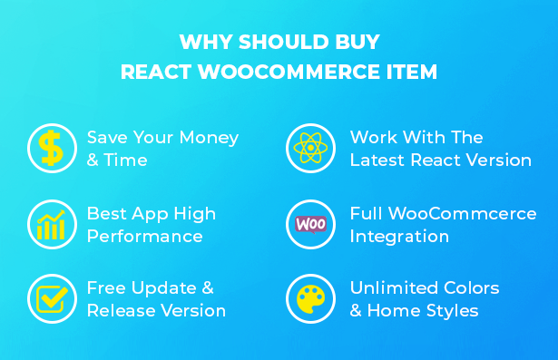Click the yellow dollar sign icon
pyautogui.click(x=51, y=148)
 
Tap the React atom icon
pyautogui.click(x=310, y=148)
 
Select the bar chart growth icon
pyautogui.click(x=51, y=225)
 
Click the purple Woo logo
pyautogui.click(x=310, y=225)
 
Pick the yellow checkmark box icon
pyautogui.click(x=52, y=299)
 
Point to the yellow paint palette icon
pyautogui.click(x=310, y=299)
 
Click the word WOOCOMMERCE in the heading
pyautogui.click(x=289, y=72)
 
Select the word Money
pyautogui.click(x=209, y=138)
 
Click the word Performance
pyautogui.click(x=145, y=236)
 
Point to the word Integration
pyautogui.click(x=399, y=237)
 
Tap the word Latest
pyautogui.click(x=377, y=161)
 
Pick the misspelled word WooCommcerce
pyautogui.click(x=462, y=213)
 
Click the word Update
pyautogui.click(x=163, y=288)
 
